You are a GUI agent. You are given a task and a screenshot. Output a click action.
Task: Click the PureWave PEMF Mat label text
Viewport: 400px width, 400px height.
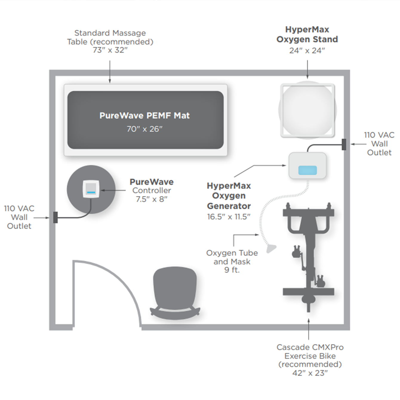click(x=144, y=116)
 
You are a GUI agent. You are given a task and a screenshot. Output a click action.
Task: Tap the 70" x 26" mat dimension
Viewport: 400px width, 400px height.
click(x=144, y=129)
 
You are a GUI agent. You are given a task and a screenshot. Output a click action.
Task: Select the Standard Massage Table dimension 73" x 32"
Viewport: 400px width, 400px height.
click(x=110, y=50)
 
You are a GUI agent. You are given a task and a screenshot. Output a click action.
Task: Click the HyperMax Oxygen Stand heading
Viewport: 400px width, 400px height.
click(x=307, y=34)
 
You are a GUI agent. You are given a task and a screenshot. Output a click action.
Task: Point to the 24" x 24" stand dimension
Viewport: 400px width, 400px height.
click(x=307, y=50)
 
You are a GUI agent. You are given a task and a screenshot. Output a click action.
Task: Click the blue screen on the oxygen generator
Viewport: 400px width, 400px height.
click(x=307, y=170)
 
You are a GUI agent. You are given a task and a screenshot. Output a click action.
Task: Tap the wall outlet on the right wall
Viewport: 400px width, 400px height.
click(x=344, y=144)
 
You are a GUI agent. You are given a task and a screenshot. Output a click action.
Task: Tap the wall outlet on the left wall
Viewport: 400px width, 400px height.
click(x=55, y=217)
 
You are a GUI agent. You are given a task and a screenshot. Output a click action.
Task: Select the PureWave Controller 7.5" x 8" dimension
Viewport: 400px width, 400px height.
click(x=152, y=199)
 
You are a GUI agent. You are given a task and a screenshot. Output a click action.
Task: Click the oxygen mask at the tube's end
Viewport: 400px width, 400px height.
click(x=271, y=248)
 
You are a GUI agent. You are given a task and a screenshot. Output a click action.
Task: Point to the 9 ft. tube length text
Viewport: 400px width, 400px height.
click(x=232, y=270)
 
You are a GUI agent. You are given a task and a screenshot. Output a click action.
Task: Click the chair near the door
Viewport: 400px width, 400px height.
click(x=175, y=291)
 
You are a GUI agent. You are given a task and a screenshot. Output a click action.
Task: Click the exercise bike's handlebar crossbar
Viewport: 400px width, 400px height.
click(x=308, y=213)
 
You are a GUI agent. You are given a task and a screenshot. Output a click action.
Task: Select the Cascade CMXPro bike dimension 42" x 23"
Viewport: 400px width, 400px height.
click(x=310, y=373)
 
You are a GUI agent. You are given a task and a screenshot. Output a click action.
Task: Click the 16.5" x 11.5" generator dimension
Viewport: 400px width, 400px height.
click(x=229, y=217)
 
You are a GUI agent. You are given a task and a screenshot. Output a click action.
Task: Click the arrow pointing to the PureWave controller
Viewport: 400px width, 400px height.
click(x=113, y=190)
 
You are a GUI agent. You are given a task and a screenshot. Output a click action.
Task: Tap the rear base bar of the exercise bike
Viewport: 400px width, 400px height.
click(x=308, y=291)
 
